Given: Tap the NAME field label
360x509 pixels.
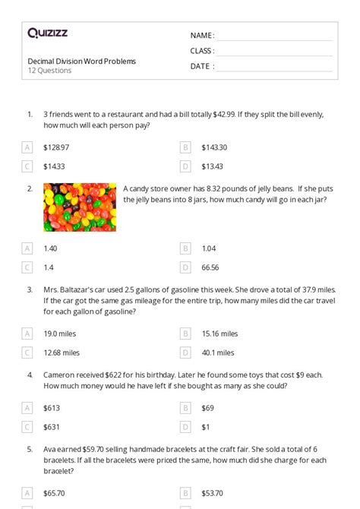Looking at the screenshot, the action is point(201,36).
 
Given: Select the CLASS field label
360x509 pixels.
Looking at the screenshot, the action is point(202,51).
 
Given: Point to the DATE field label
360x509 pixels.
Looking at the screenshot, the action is point(201,66).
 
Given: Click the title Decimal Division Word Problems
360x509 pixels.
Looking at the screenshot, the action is point(82,61).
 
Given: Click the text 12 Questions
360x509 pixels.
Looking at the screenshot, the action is point(49,71).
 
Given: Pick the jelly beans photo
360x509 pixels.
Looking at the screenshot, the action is point(79,207).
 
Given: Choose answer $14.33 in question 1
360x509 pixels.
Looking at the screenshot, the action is point(55,166).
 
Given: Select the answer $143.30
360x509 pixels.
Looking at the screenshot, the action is point(214,147).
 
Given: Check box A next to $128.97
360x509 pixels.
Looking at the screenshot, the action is point(27,147).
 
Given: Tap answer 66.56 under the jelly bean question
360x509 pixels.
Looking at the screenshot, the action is point(210,267).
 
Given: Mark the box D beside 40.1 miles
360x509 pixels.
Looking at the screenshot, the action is point(185,353).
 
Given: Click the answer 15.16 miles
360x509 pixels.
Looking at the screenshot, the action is point(219,334).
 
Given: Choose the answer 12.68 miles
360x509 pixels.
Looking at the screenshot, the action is point(62,353).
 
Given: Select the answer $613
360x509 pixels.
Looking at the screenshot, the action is point(52,408).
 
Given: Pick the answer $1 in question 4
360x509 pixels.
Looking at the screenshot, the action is point(206,427).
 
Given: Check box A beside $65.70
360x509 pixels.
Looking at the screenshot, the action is point(27,493).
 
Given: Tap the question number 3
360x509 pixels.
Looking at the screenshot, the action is point(30,289).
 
